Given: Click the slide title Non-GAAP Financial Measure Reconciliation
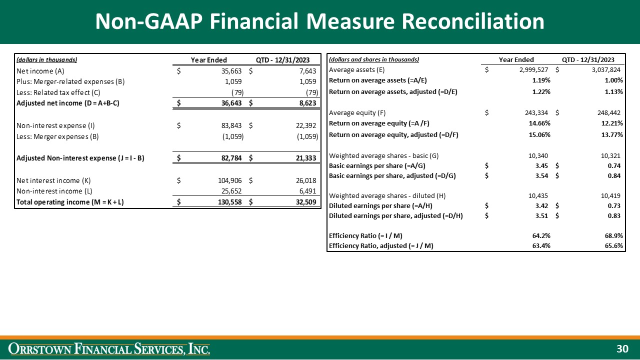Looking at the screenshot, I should [320, 21].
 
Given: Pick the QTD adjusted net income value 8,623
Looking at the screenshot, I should [305, 103].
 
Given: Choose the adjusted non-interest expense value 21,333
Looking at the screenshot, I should [304, 158].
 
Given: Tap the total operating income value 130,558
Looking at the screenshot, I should [230, 202].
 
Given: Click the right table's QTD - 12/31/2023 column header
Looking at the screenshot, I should [588, 59].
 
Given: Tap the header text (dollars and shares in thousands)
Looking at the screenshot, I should [374, 59].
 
